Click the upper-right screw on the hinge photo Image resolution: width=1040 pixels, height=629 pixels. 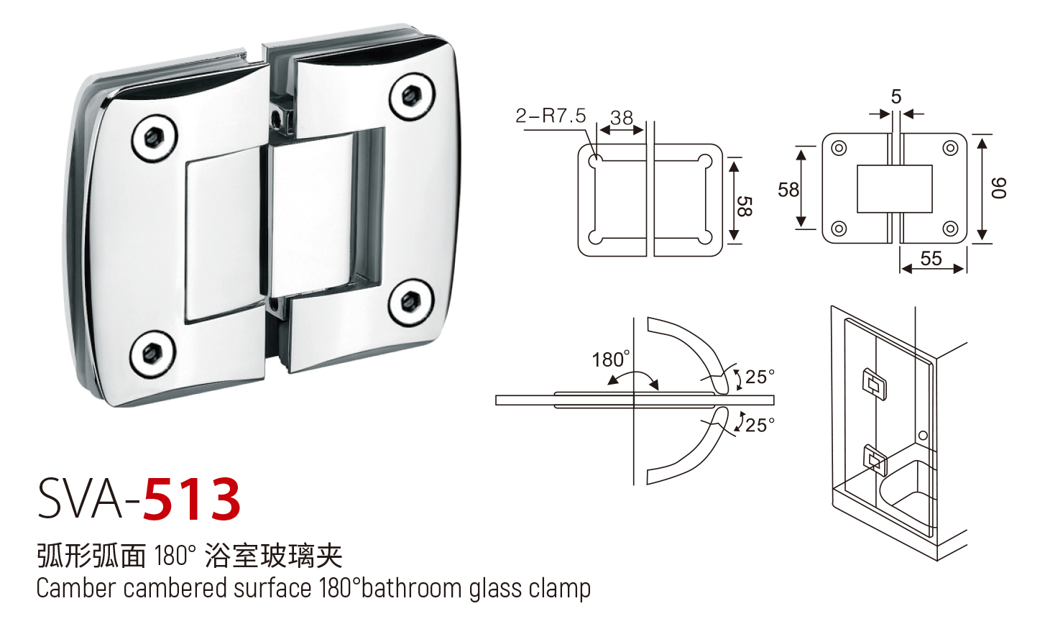pos(411,96)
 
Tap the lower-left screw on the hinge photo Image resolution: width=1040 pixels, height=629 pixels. pos(152,354)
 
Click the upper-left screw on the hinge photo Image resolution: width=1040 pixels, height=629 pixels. pos(154,138)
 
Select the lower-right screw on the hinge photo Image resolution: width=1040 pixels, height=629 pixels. pos(411,303)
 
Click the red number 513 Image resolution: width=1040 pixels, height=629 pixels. pos(192,500)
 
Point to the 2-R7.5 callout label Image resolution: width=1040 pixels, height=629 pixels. pos(551,116)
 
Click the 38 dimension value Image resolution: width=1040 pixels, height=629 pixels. pos(622,118)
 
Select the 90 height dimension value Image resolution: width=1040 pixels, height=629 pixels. pos(999,188)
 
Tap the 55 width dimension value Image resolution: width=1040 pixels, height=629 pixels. pos(931,259)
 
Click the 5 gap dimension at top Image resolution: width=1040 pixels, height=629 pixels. pos(896,97)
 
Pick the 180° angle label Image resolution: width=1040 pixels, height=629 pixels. pos(610,359)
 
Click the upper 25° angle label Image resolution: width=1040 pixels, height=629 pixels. pos(760,377)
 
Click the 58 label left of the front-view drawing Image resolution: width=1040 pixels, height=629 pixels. pos(788,190)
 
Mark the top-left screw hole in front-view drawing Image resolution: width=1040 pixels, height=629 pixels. pos(839,149)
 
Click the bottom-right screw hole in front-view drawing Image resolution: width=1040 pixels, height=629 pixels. pos(950,229)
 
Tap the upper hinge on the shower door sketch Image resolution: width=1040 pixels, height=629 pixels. pos(874,384)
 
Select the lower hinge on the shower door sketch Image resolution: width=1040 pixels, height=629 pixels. pos(875,459)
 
